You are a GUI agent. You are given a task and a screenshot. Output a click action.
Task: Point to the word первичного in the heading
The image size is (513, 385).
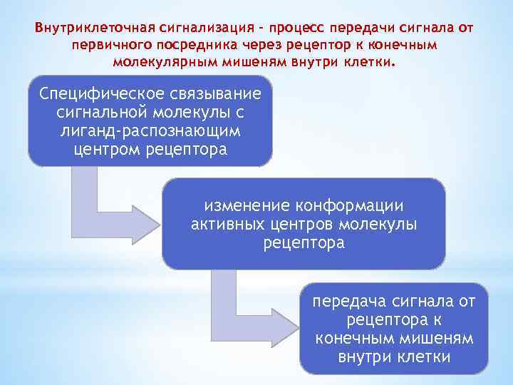108,45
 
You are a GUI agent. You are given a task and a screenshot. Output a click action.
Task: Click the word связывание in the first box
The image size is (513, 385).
212,95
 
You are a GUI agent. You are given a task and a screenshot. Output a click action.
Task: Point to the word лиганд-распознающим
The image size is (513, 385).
150,131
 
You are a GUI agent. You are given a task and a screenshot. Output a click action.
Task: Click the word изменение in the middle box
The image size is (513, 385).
243,206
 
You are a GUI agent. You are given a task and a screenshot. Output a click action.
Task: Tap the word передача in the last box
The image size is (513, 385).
346,302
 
